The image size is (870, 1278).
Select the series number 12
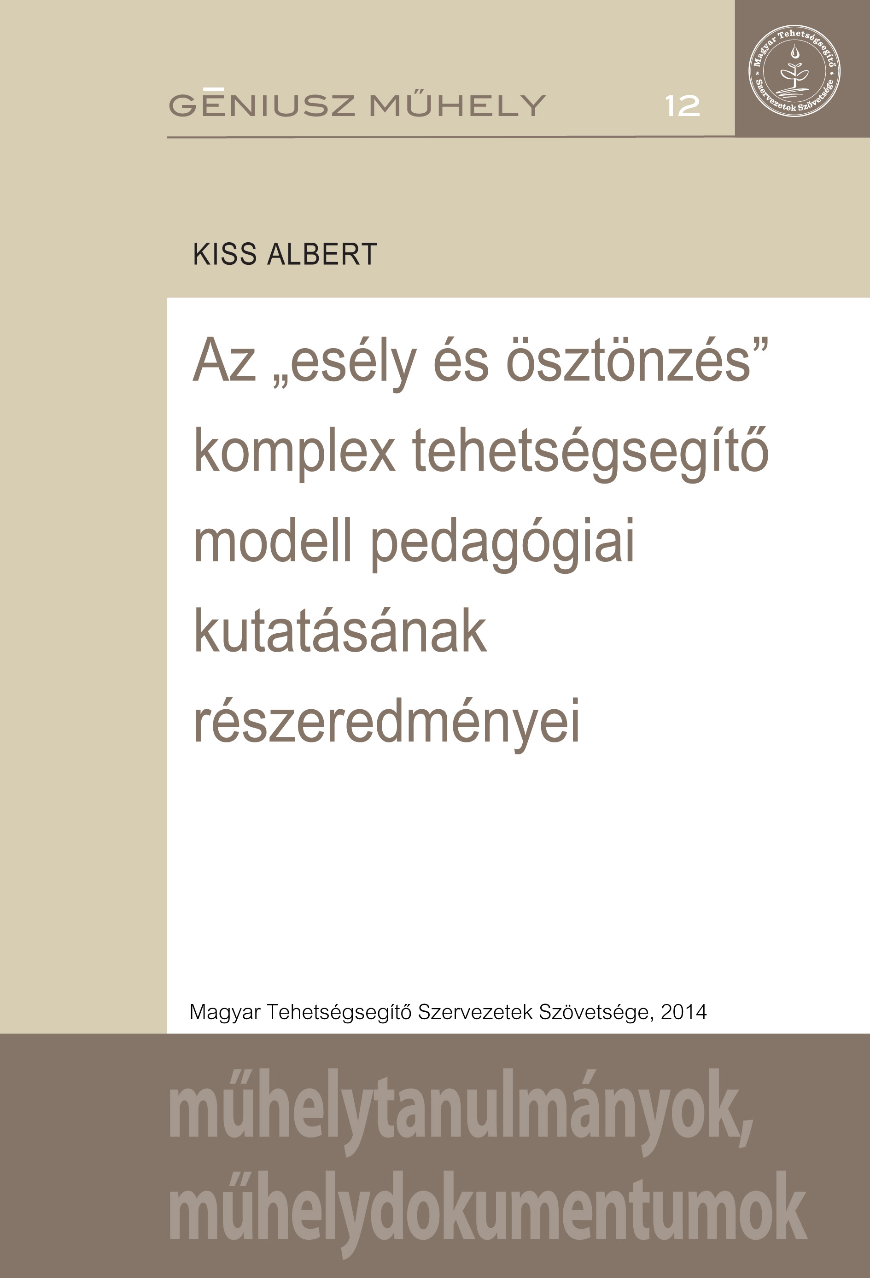click(683, 106)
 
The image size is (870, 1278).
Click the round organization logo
click(794, 71)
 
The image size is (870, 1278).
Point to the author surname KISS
click(225, 255)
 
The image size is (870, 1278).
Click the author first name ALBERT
click(322, 255)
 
